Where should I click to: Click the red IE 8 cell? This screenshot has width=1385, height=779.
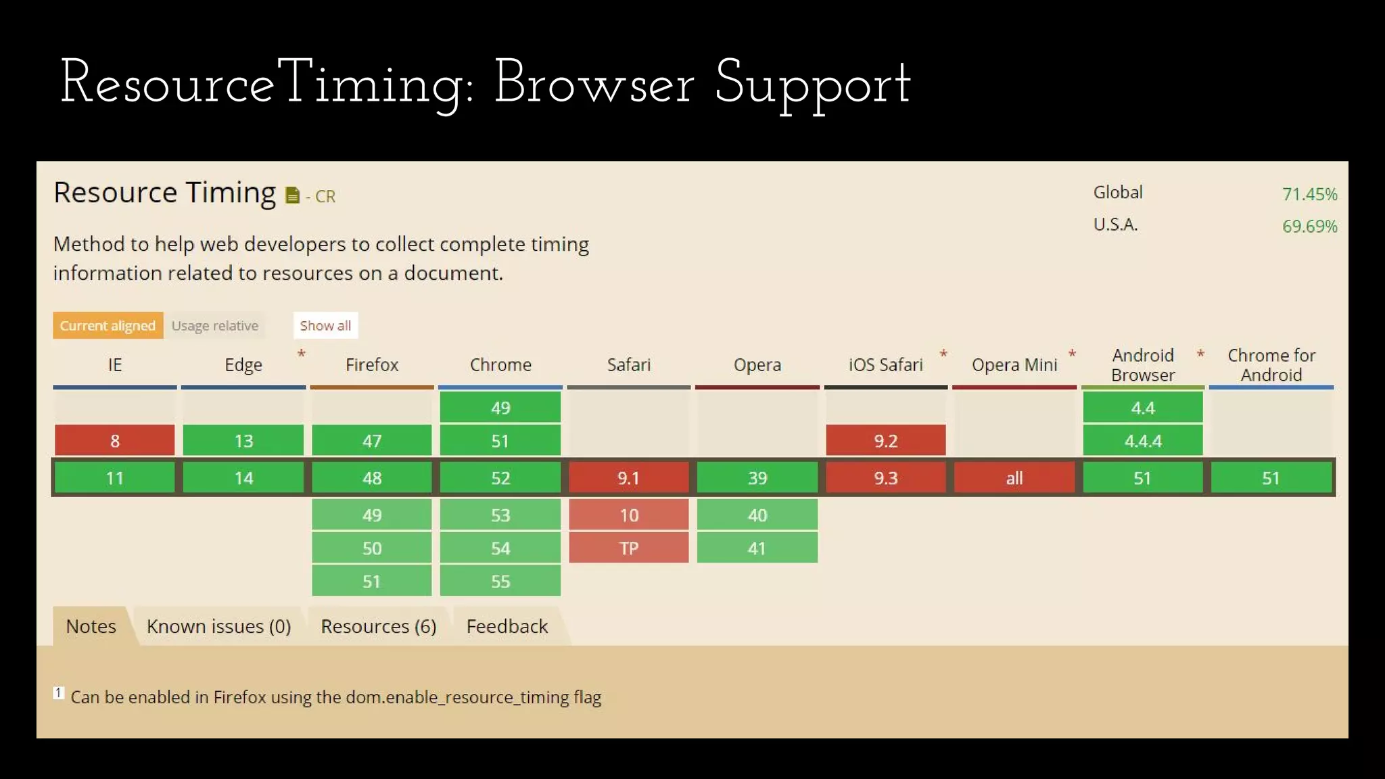[114, 440]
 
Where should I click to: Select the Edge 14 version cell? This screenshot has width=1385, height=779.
[243, 478]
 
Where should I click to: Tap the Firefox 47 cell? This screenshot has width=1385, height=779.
[371, 440]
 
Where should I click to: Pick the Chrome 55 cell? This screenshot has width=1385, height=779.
[500, 581]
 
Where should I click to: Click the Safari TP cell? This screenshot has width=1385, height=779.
[628, 548]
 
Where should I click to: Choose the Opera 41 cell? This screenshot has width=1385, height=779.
[757, 548]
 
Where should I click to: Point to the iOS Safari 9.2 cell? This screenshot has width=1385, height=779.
[885, 440]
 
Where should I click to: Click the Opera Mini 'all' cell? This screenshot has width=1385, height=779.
[1014, 478]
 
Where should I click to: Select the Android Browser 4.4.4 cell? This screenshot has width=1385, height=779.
[1142, 440]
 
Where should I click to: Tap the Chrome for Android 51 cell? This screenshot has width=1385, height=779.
[1271, 478]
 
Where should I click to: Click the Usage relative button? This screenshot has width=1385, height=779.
[214, 325]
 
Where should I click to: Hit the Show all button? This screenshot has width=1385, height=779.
[325, 325]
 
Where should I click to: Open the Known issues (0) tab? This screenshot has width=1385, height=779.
[218, 626]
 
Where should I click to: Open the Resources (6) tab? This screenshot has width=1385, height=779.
[378, 626]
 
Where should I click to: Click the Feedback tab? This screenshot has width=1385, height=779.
[507, 626]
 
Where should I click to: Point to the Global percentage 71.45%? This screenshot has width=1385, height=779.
[1309, 194]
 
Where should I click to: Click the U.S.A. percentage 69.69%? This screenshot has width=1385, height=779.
[1309, 226]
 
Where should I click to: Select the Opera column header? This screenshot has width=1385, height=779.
[757, 364]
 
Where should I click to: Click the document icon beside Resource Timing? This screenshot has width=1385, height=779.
[292, 195]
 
